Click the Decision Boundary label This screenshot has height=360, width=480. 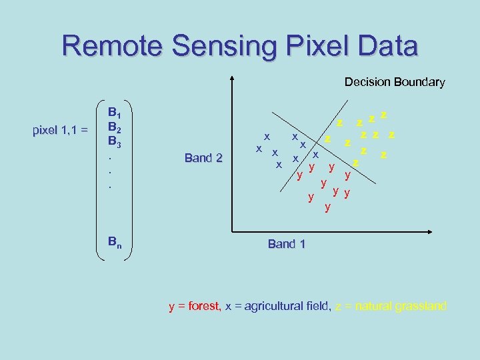tap(394, 82)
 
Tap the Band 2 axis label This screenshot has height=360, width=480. tap(203, 158)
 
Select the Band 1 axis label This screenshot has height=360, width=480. tap(286, 244)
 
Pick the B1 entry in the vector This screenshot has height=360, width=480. tap(115, 112)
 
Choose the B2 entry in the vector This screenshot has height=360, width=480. tap(115, 127)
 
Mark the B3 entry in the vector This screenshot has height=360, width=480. tap(115, 141)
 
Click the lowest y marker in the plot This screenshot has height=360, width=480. tap(327, 207)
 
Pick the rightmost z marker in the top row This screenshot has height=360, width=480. tap(384, 115)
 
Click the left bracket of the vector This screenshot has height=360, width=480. tap(99, 180)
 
